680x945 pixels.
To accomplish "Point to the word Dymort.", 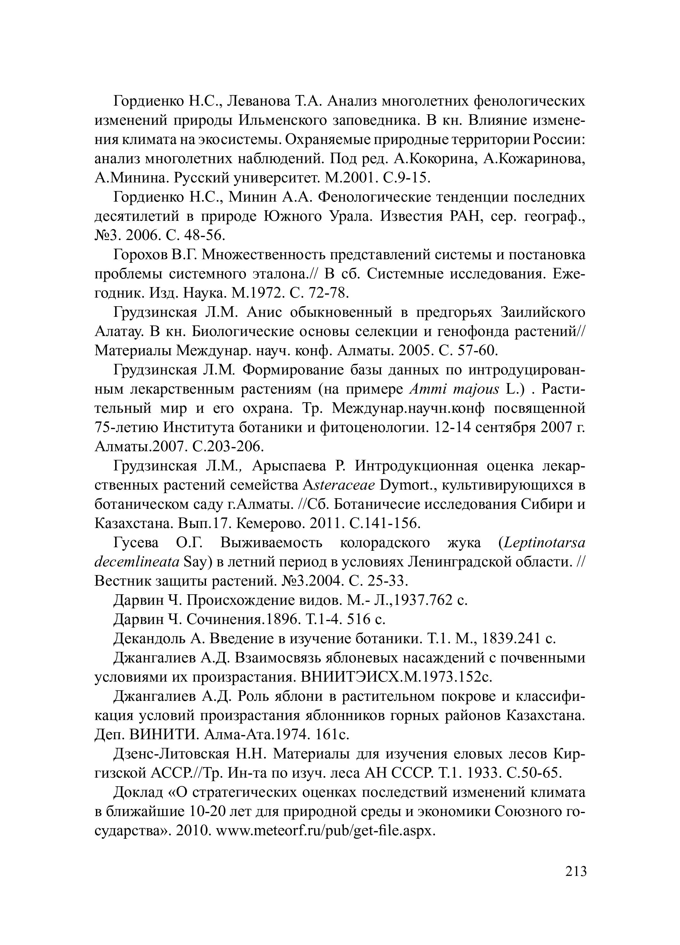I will [x=408, y=485].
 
